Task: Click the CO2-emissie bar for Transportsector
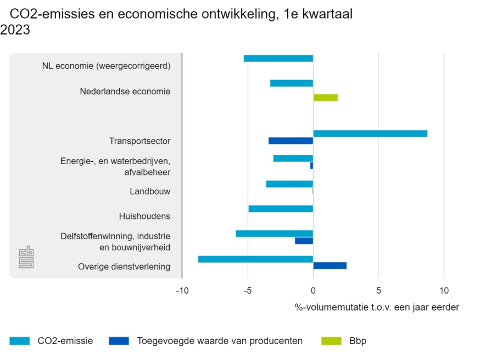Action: click(370, 133)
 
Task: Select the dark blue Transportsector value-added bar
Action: click(291, 141)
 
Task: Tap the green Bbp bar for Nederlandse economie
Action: click(325, 98)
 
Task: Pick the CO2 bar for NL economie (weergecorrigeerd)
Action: click(278, 58)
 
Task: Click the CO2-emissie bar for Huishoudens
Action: click(281, 209)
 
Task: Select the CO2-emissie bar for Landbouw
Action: click(289, 184)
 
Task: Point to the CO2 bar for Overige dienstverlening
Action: click(255, 259)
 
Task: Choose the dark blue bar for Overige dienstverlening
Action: click(330, 266)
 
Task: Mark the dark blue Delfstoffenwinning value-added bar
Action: click(304, 240)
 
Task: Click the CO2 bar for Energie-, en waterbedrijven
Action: click(293, 159)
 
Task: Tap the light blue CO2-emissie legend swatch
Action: click(20, 341)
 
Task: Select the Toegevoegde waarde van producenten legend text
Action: click(220, 341)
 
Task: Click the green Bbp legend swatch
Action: click(331, 341)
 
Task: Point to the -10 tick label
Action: click(182, 290)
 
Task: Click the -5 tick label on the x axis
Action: click(248, 290)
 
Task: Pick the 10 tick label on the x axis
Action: click(444, 290)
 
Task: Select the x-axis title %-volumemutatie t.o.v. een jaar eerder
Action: click(377, 307)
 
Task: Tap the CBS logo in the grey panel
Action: click(26, 257)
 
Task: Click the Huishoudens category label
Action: click(144, 216)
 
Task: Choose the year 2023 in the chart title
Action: click(15, 30)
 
